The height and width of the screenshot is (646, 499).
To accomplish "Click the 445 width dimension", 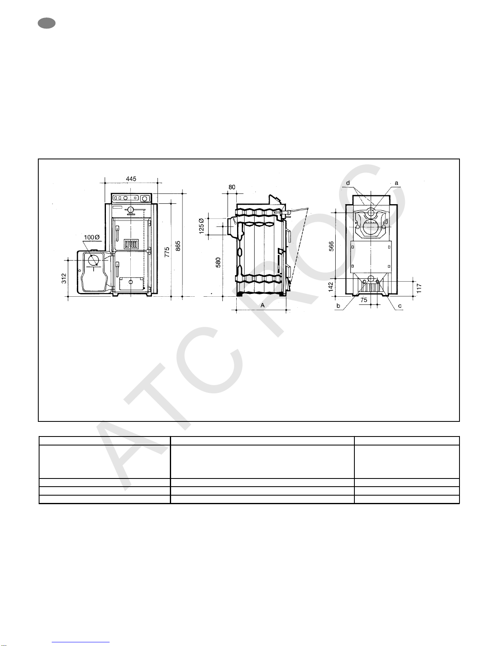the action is pyautogui.click(x=131, y=179).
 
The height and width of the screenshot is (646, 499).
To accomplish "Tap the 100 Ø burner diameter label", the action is pyautogui.click(x=92, y=237).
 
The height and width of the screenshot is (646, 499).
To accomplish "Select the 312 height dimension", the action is pyautogui.click(x=64, y=278).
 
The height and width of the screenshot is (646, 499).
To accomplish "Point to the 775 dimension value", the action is pyautogui.click(x=167, y=252).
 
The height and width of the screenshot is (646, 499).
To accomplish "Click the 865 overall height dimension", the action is pyautogui.click(x=178, y=246).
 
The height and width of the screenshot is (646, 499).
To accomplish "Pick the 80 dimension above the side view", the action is pyautogui.click(x=232, y=187).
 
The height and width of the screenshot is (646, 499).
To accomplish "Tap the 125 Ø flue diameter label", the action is pyautogui.click(x=201, y=226).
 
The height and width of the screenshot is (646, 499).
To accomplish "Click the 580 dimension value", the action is pyautogui.click(x=218, y=262).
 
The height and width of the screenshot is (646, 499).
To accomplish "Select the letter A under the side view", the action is pyautogui.click(x=263, y=305).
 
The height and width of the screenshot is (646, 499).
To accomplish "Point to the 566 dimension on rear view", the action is pyautogui.click(x=332, y=246).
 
